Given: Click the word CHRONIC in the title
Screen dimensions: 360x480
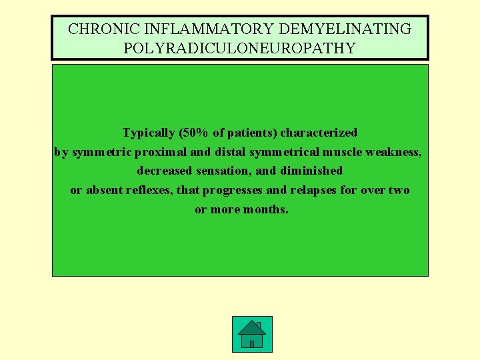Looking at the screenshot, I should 96,29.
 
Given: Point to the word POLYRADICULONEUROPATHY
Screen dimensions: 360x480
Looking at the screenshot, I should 240,49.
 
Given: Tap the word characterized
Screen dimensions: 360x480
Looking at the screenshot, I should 319,133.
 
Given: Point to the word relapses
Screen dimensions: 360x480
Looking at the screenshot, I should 313,190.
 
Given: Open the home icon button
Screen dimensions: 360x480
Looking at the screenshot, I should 252,334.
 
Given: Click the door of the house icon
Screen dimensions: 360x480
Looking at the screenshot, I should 252,343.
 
